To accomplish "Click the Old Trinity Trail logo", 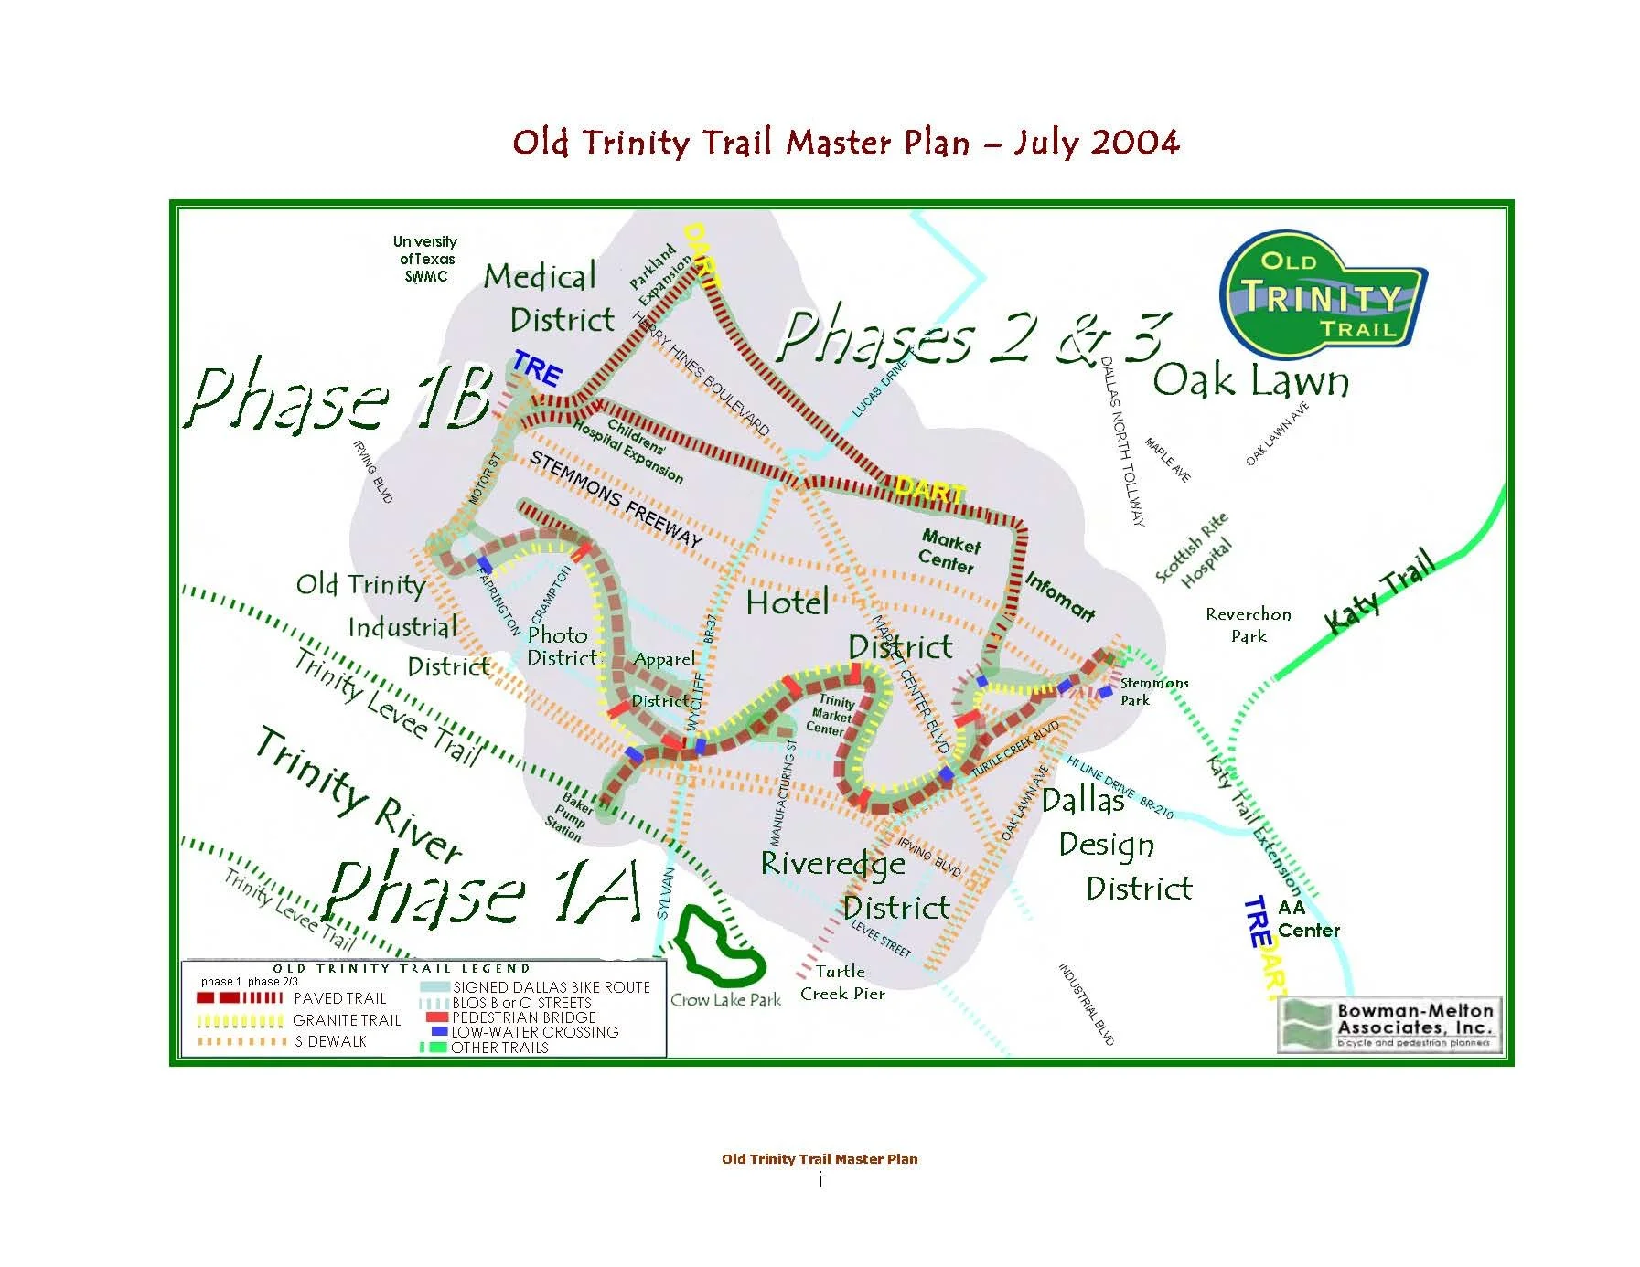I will point(1322,294).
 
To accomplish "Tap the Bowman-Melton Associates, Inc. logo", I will point(1388,1024).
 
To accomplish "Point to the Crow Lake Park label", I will point(725,1000).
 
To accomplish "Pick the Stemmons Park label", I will point(1152,691).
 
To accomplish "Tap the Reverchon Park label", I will point(1248,624).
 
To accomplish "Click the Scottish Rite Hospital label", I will point(1195,550).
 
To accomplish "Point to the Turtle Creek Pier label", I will point(841,983).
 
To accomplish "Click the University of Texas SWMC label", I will point(425,259).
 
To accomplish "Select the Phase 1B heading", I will point(338,399).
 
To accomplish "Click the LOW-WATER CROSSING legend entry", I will point(534,1032).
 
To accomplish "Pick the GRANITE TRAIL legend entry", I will point(347,1020).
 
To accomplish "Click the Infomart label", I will point(1059,596).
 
